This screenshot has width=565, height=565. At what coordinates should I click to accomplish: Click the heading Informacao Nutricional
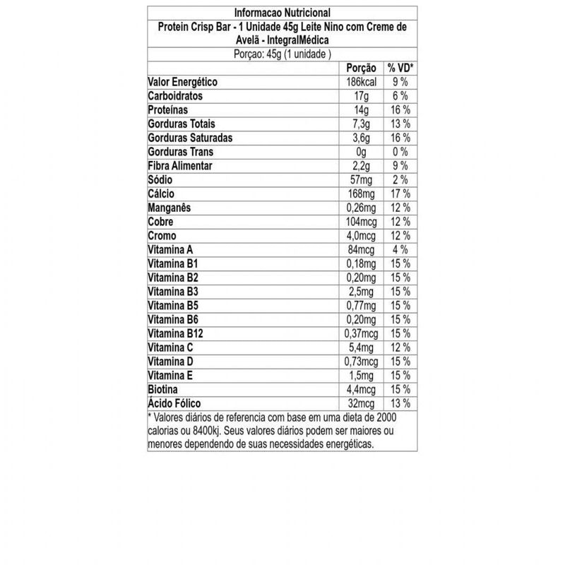coord(282,13)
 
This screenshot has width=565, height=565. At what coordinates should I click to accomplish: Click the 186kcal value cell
coord(360,83)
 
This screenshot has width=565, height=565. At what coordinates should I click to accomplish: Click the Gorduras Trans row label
coord(181,152)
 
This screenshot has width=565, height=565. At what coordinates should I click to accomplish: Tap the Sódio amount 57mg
coord(361,180)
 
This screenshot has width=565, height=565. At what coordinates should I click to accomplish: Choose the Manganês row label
coord(172,208)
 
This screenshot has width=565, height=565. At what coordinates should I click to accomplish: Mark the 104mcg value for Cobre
coord(361,222)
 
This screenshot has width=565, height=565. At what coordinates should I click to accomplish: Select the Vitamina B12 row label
coord(174,333)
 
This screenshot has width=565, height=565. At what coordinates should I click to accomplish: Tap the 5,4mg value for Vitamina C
coord(361,347)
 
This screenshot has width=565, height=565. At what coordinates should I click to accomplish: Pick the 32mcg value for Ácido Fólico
coord(361,403)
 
